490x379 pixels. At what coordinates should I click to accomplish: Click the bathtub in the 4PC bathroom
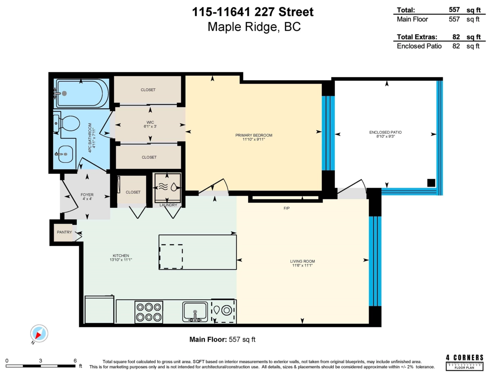point(82,93)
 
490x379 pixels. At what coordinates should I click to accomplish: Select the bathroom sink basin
point(65,154)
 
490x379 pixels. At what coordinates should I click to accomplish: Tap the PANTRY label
point(64,232)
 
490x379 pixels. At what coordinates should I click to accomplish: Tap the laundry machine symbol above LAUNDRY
point(167,187)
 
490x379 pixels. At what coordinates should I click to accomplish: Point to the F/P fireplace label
point(286,208)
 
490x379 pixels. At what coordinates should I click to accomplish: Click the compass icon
point(40,334)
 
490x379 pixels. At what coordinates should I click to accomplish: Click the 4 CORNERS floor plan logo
point(465,362)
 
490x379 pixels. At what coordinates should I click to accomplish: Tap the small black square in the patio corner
point(431,183)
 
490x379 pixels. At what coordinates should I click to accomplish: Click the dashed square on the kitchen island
point(171,256)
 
